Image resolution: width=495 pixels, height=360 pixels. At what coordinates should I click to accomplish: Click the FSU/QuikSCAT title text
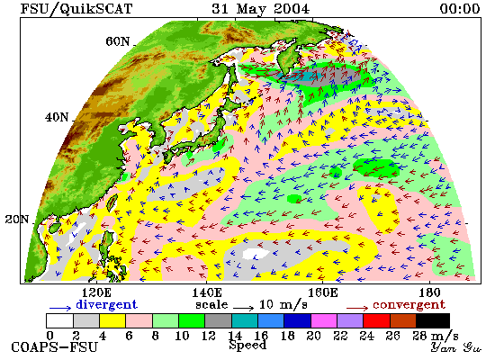point(76,9)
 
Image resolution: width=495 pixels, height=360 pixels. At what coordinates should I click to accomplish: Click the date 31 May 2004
point(261,9)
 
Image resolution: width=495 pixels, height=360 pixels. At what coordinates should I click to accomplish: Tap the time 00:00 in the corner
point(460,8)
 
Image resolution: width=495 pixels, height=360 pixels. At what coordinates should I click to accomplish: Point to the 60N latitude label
point(118,41)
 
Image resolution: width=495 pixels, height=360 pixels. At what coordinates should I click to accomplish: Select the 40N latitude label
point(57,118)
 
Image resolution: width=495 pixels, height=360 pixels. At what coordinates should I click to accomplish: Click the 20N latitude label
point(17,220)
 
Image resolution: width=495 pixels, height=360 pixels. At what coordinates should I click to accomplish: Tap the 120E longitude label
point(96,292)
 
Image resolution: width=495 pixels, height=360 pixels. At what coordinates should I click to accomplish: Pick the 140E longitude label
point(207,292)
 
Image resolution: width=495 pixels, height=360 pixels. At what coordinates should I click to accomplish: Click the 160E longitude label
point(322,292)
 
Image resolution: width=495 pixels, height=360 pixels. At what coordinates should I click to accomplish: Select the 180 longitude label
point(429,292)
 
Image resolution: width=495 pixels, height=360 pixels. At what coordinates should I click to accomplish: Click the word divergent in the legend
point(107,305)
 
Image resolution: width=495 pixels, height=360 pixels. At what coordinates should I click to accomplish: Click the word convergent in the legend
point(409,305)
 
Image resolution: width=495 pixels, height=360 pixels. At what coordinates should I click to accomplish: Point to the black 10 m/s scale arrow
point(244,308)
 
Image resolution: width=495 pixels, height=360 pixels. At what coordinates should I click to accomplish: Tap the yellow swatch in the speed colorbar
point(112,320)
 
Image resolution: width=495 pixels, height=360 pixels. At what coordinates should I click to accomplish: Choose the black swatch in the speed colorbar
point(433,320)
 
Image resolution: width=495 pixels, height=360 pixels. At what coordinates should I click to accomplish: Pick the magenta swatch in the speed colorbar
point(324,320)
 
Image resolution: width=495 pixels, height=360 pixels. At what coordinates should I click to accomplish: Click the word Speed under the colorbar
point(247,345)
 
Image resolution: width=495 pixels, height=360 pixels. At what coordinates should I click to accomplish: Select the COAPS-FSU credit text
point(54,347)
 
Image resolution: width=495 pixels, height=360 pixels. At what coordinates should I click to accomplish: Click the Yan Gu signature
point(455,347)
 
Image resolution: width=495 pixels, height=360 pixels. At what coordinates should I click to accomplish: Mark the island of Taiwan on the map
point(112,202)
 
